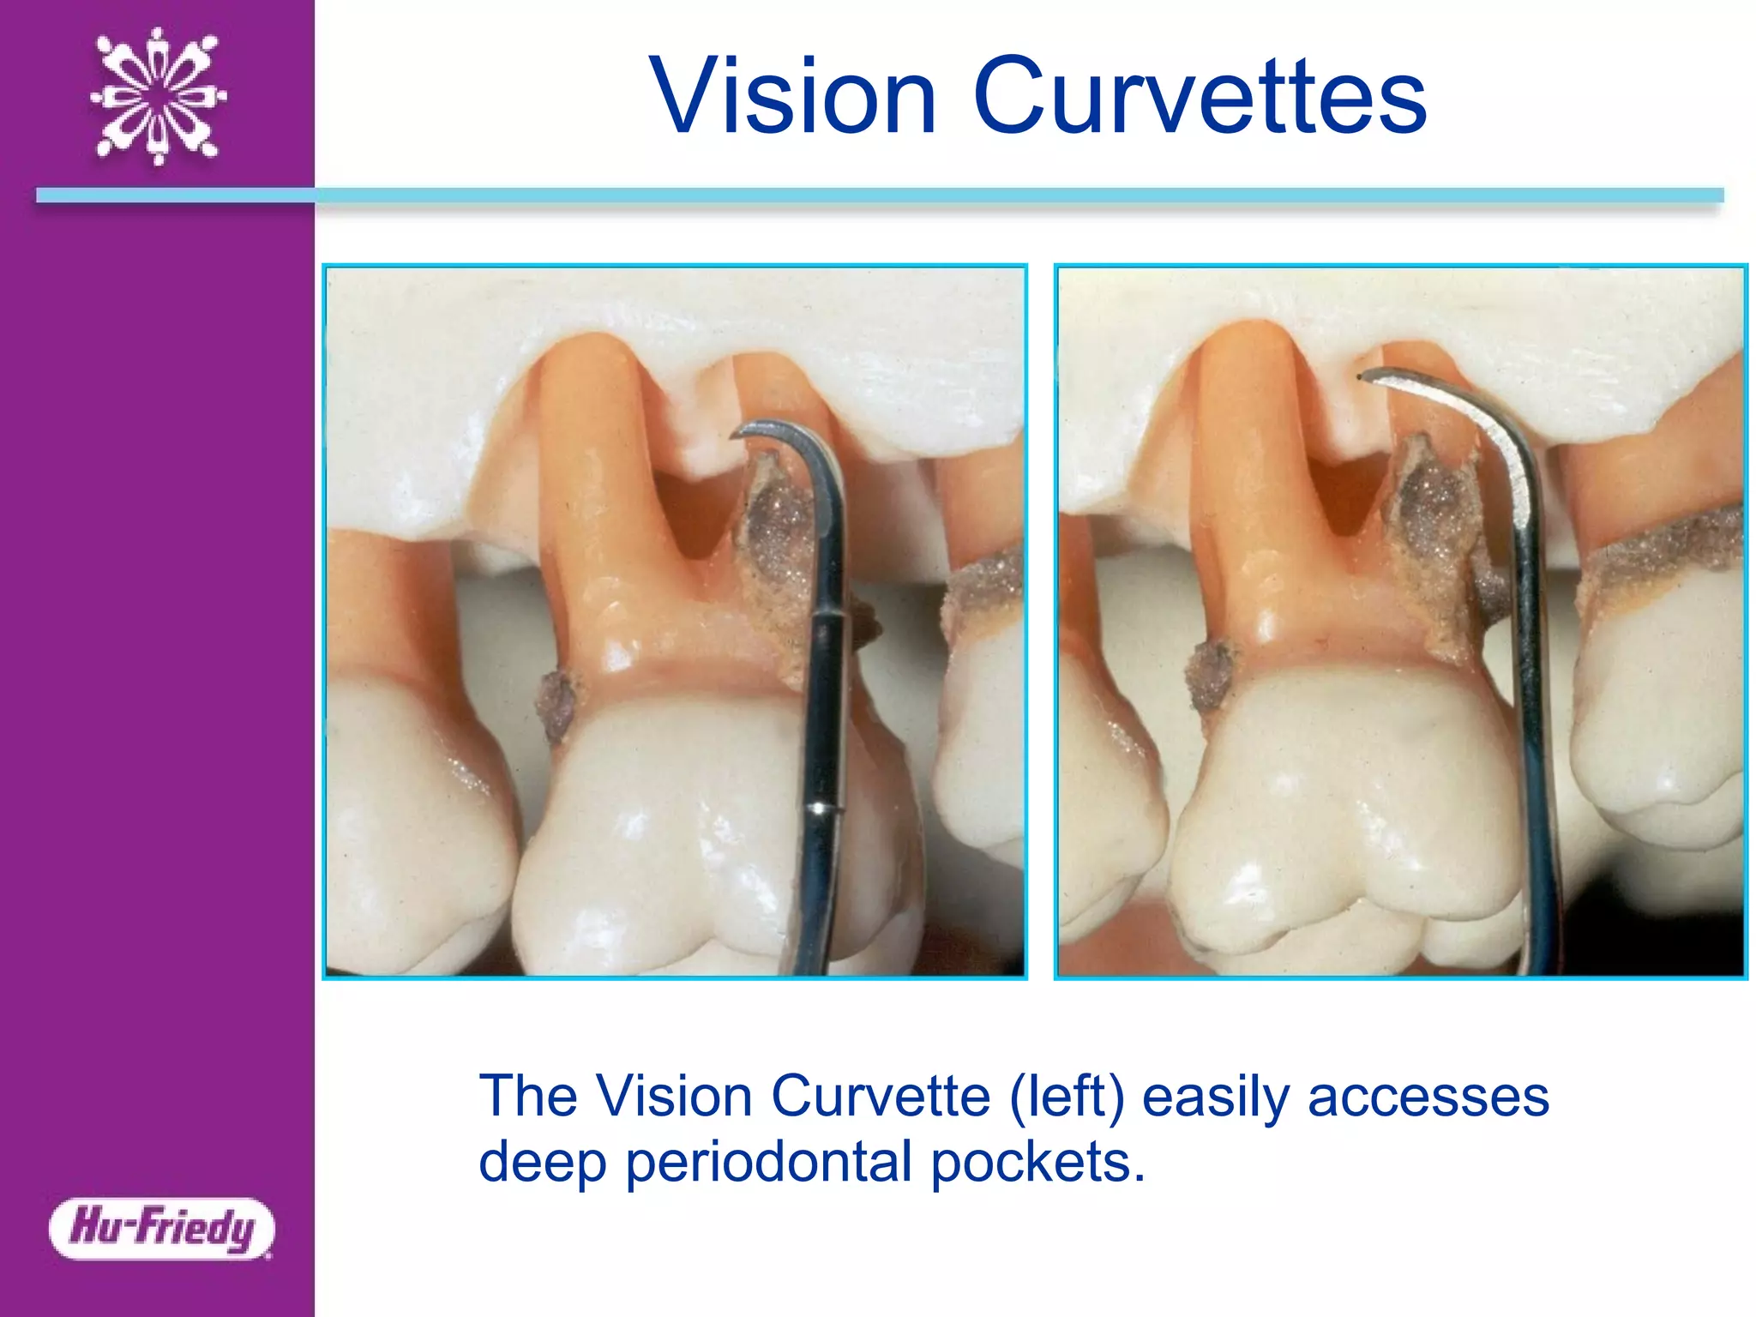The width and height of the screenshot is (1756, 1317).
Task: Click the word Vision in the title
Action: click(792, 96)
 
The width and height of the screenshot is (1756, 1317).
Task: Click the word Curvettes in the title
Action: click(1200, 96)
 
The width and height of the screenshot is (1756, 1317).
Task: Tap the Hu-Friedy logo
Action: click(162, 1228)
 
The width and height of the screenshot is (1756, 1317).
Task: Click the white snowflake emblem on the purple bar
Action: click(159, 96)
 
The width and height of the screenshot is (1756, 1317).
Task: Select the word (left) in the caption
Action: click(1067, 1097)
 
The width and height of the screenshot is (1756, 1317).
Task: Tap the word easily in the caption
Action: click(1216, 1097)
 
